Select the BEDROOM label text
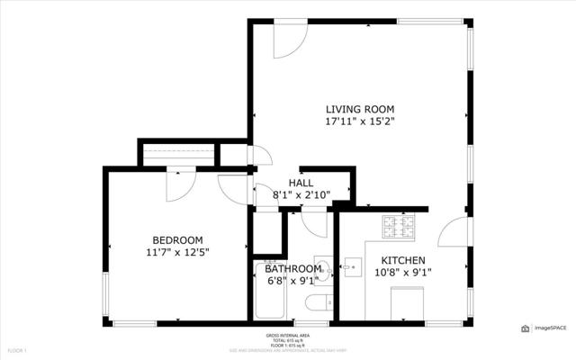(x=177, y=239)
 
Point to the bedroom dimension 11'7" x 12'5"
(x=177, y=253)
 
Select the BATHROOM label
(x=292, y=269)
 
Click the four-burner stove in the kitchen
(x=399, y=229)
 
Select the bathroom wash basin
(x=324, y=270)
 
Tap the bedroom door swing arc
(x=177, y=185)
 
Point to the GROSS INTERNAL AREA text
(x=288, y=334)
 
